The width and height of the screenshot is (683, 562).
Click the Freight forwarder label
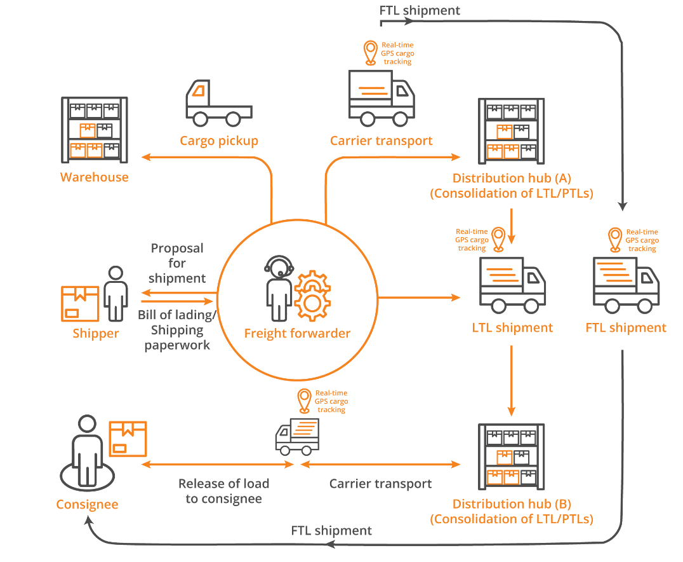pyautogui.click(x=297, y=333)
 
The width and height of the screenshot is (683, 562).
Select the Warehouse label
pyautogui.click(x=94, y=177)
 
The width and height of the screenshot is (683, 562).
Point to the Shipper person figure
pyautogui.click(x=115, y=293)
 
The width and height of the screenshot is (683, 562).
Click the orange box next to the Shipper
pyautogui.click(x=79, y=303)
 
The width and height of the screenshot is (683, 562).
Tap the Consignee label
pyautogui.click(x=87, y=505)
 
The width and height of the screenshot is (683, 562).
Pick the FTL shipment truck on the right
pyautogui.click(x=626, y=285)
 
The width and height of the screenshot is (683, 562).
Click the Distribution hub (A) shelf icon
pyautogui.click(x=511, y=130)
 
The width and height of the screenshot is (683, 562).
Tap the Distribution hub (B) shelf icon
pyautogui.click(x=511, y=455)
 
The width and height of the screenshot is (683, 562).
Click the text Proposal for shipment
pyautogui.click(x=177, y=263)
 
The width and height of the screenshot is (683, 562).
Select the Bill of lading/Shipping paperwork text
pyautogui.click(x=177, y=330)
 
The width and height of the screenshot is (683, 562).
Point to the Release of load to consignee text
pyautogui.click(x=223, y=491)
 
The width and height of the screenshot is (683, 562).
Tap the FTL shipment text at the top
pyautogui.click(x=420, y=10)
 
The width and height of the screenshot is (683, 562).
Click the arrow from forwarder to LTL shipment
pyautogui.click(x=419, y=298)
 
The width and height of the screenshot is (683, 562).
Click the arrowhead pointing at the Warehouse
pyautogui.click(x=145, y=156)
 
